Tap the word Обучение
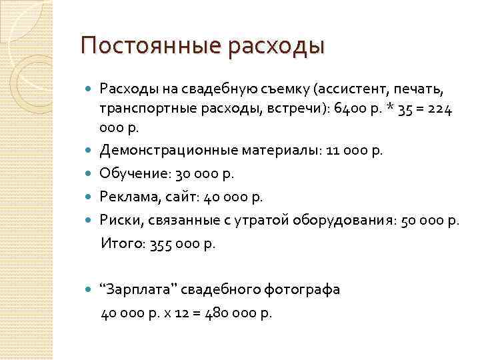[135, 175]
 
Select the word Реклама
[130, 197]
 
